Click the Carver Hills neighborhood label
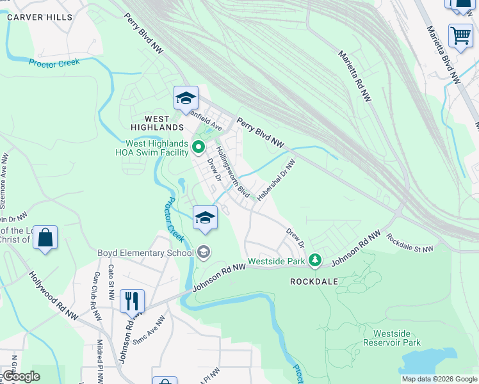tap(40, 17)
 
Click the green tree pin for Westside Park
tap(314, 260)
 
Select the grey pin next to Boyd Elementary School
tap(204, 253)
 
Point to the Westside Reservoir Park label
tap(397, 338)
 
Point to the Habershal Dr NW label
tap(276, 180)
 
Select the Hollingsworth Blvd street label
tap(232, 171)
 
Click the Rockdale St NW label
tap(409, 243)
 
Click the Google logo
tap(21, 376)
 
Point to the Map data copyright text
tap(439, 379)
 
